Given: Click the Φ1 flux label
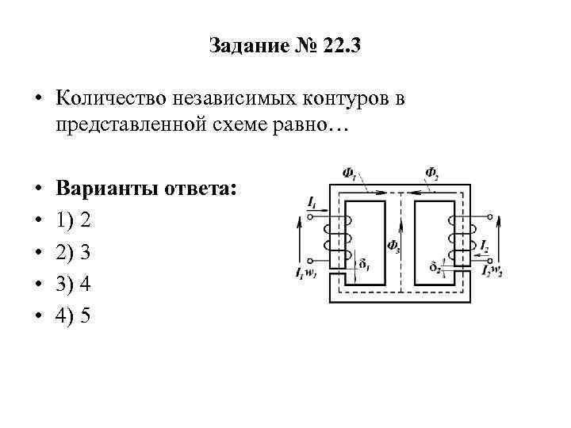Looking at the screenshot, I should (349, 171).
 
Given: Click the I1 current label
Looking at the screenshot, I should (312, 204).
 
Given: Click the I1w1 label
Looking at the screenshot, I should (303, 273).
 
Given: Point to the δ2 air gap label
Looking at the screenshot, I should (434, 264).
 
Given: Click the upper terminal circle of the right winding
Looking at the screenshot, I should (489, 216).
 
